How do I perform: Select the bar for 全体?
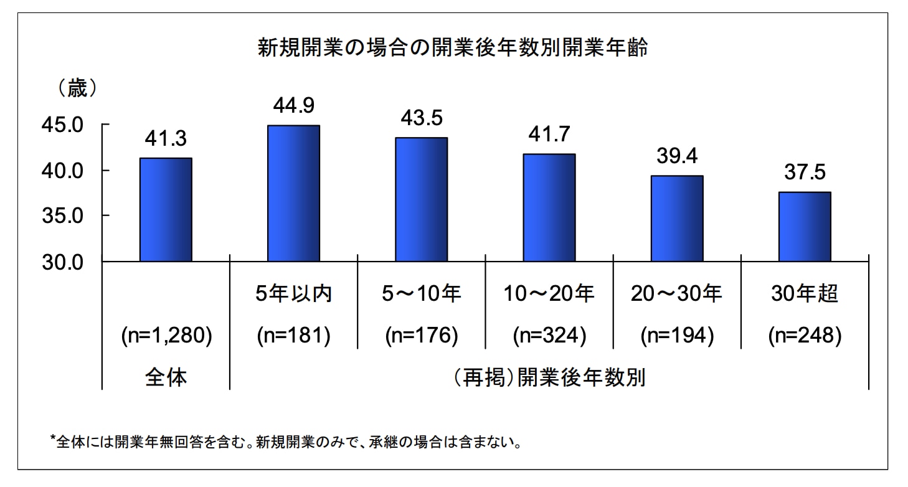pos(166,209)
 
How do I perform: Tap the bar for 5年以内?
pos(293,193)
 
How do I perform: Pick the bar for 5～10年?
pos(421,199)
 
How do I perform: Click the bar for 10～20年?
pos(549,207)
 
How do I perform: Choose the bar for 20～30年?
pos(677,218)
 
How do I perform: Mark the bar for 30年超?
pos(805,227)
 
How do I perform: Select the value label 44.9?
pos(293,106)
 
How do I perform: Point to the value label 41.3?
pos(166,139)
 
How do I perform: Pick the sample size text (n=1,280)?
pos(166,336)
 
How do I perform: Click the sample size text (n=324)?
pos(549,336)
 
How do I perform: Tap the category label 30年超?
pos(805,294)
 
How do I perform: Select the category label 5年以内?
pos(293,294)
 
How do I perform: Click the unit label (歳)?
pos(77,89)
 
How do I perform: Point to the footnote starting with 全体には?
pos(286,443)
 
